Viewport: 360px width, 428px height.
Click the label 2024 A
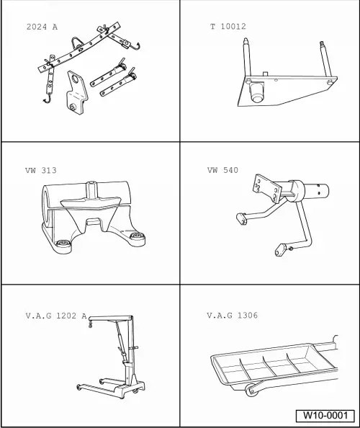click(x=42, y=27)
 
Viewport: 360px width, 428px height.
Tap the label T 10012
click(x=228, y=27)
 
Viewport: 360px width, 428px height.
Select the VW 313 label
click(x=41, y=170)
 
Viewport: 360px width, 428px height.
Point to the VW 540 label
click(x=222, y=170)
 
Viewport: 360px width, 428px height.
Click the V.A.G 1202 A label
click(x=56, y=316)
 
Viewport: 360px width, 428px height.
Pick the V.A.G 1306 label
click(x=232, y=316)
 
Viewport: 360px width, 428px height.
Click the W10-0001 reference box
click(x=325, y=416)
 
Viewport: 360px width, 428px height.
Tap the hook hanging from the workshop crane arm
click(x=91, y=324)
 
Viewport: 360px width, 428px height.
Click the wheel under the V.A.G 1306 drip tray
click(x=251, y=391)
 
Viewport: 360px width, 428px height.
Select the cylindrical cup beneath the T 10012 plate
click(x=257, y=92)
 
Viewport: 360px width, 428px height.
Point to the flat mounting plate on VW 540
click(x=266, y=188)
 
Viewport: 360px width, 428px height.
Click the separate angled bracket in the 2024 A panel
click(x=77, y=93)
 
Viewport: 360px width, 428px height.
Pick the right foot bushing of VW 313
click(x=136, y=236)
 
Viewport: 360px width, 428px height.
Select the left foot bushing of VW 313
click(x=63, y=243)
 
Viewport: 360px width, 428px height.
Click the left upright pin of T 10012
click(x=248, y=58)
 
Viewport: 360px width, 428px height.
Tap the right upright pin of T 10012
click(x=326, y=61)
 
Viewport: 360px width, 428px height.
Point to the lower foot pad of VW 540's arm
click(x=281, y=250)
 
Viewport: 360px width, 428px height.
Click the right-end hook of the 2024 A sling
click(x=135, y=47)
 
